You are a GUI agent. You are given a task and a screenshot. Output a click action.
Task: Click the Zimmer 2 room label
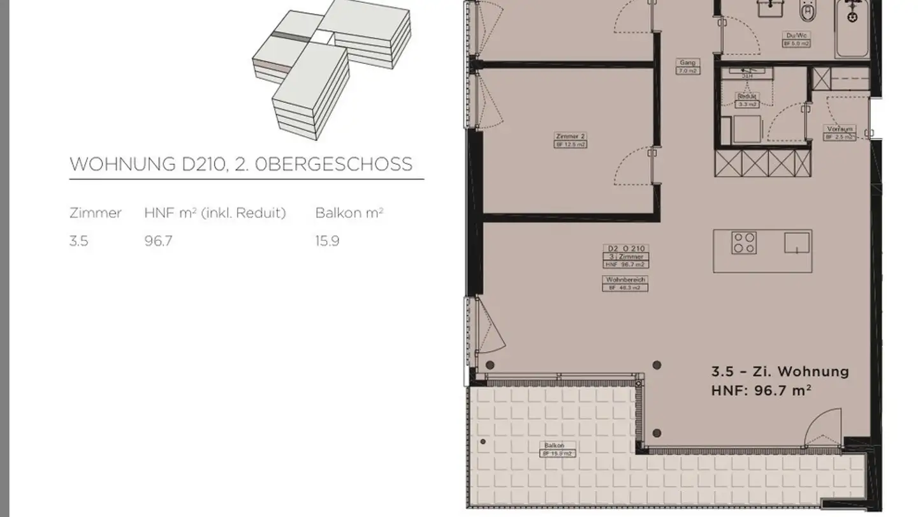coord(571,137)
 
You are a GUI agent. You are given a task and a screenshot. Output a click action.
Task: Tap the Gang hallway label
coord(687,63)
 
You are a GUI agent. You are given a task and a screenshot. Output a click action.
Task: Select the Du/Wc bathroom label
coord(796,36)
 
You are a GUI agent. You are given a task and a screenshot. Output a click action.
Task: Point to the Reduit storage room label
coord(747,96)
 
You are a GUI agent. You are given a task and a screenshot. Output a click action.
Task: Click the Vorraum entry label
coord(839,129)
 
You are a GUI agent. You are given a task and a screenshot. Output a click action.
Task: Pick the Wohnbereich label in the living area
coord(625,280)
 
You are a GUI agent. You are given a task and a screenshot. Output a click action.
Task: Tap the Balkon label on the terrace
coord(554,446)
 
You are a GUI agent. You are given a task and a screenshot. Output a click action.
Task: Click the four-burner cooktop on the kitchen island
coord(744,243)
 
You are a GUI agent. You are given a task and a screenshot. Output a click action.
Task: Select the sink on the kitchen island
coord(797,243)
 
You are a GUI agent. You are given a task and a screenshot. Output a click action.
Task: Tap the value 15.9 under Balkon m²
coord(327,241)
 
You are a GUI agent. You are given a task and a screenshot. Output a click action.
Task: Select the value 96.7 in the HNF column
coord(158,241)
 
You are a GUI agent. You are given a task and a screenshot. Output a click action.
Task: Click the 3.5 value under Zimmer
coord(78,241)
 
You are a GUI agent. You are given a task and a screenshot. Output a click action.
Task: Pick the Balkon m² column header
coord(349,213)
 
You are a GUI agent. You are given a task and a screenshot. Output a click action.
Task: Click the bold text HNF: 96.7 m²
coord(761,390)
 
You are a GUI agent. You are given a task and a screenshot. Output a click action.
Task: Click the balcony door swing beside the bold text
coord(822,429)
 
